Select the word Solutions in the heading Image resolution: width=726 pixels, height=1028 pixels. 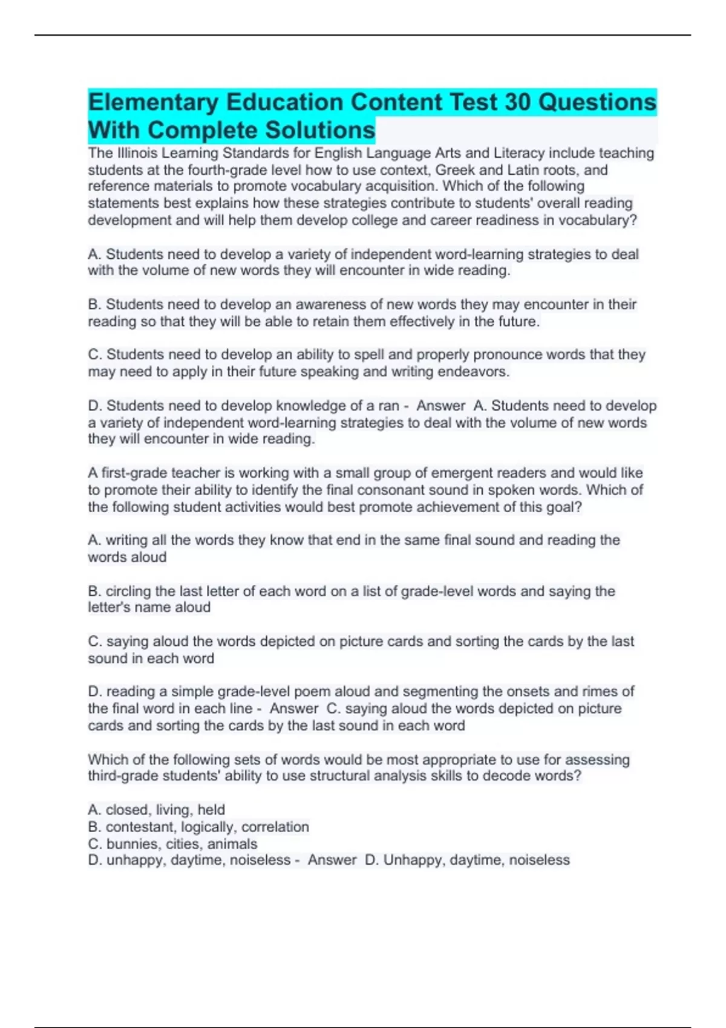pyautogui.click(x=321, y=131)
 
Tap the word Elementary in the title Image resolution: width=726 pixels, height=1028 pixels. pyautogui.click(x=153, y=102)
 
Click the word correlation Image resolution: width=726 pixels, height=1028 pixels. pyautogui.click(x=275, y=827)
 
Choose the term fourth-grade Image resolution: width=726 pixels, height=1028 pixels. pyautogui.click(x=228, y=170)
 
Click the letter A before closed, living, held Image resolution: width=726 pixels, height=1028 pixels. pyautogui.click(x=93, y=810)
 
